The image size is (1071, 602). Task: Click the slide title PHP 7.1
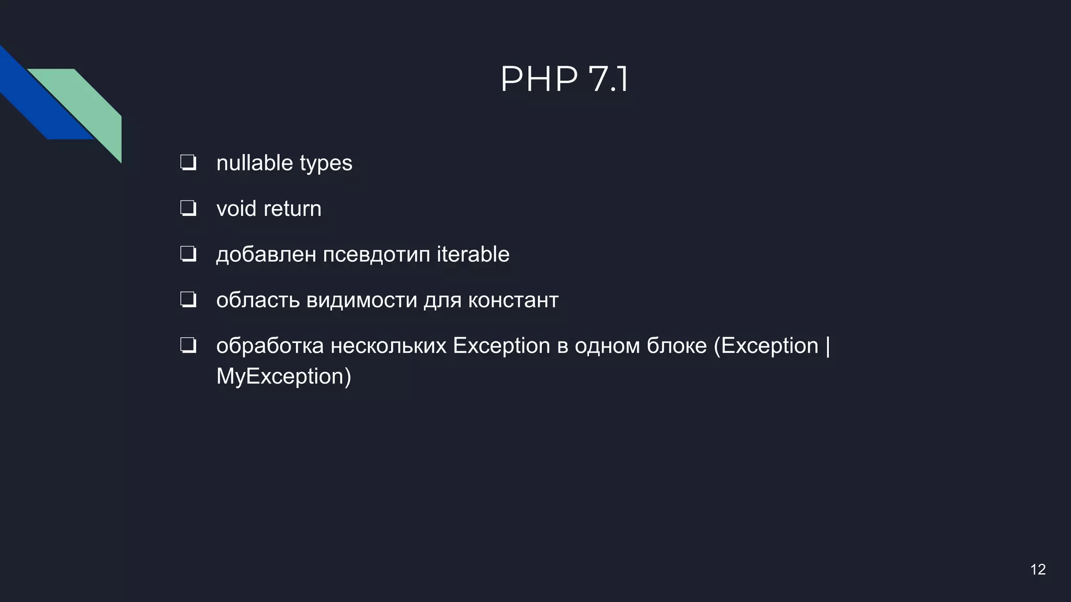coord(564,79)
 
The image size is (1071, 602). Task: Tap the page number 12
coord(1038,570)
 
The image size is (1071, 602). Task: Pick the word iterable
coord(473,254)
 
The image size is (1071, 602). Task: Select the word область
coord(258,300)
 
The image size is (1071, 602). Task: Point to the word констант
coord(513,300)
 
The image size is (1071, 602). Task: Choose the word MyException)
coord(283,377)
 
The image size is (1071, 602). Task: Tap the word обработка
coord(270,346)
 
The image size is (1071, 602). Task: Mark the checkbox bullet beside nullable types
coord(188,163)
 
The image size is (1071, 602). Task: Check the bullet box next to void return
coord(188,209)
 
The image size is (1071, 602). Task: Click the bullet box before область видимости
coord(188,300)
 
